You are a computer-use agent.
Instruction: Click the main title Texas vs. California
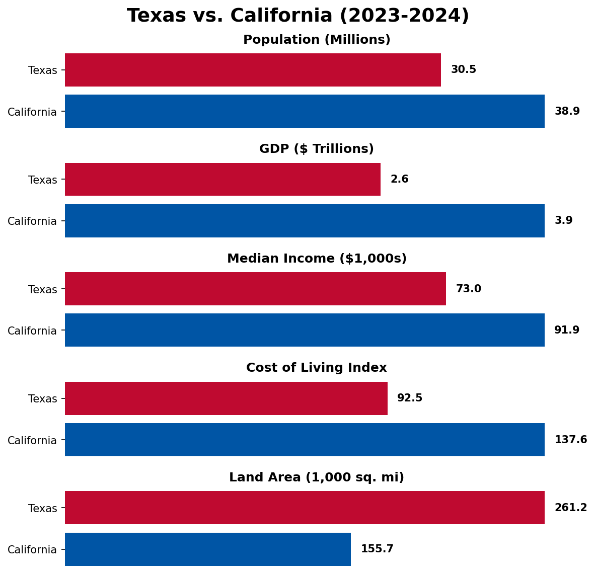pyautogui.click(x=298, y=16)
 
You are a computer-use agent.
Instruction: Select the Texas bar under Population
pyautogui.click(x=253, y=70)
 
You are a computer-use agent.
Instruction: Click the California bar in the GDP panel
pyautogui.click(x=305, y=221)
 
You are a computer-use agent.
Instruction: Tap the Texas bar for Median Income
pyautogui.click(x=255, y=289)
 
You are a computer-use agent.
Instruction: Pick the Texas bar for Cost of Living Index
pyautogui.click(x=226, y=398)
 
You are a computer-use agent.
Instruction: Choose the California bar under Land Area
pyautogui.click(x=208, y=549)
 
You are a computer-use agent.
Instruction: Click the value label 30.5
pyautogui.click(x=463, y=70)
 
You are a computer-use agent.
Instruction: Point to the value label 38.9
pyautogui.click(x=567, y=111)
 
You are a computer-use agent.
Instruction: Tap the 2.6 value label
pyautogui.click(x=400, y=179)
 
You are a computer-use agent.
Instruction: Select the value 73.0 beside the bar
pyautogui.click(x=469, y=289)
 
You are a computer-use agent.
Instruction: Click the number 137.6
pyautogui.click(x=571, y=440)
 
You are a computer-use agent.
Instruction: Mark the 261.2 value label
pyautogui.click(x=571, y=507)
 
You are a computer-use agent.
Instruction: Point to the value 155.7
pyautogui.click(x=377, y=549)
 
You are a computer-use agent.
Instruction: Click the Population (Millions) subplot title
pyautogui.click(x=317, y=40)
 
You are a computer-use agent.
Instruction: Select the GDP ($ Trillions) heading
pyautogui.click(x=317, y=149)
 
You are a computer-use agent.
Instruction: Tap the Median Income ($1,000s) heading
pyautogui.click(x=317, y=259)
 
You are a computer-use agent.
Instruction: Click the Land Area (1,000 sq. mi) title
pyautogui.click(x=317, y=477)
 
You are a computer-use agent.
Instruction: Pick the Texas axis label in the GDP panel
pyautogui.click(x=42, y=180)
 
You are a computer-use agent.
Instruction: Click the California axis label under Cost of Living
pyautogui.click(x=32, y=441)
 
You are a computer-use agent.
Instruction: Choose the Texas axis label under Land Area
pyautogui.click(x=42, y=508)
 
